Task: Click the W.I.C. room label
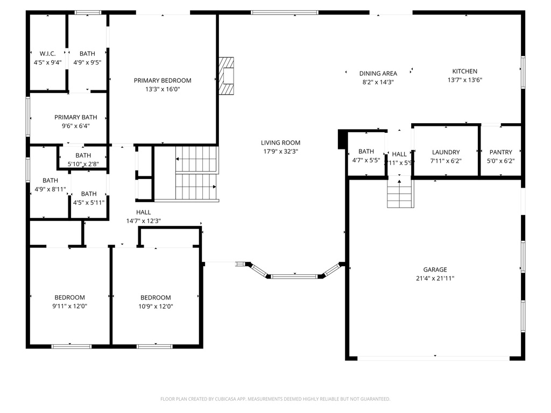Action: pos(47,54)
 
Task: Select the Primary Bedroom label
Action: pos(163,81)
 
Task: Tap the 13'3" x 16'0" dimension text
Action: pos(163,89)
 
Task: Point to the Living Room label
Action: pos(280,143)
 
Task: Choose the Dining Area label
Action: pos(378,74)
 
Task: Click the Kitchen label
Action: pos(464,72)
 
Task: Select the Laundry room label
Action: pos(446,152)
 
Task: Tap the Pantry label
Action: pos(500,152)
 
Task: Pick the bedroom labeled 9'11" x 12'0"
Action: pos(69,297)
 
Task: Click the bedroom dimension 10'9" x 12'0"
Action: pos(156,307)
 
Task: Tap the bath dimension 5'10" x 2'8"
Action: pos(83,164)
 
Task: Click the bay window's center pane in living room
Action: pos(294,276)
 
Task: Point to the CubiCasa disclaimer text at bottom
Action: pos(275,399)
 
